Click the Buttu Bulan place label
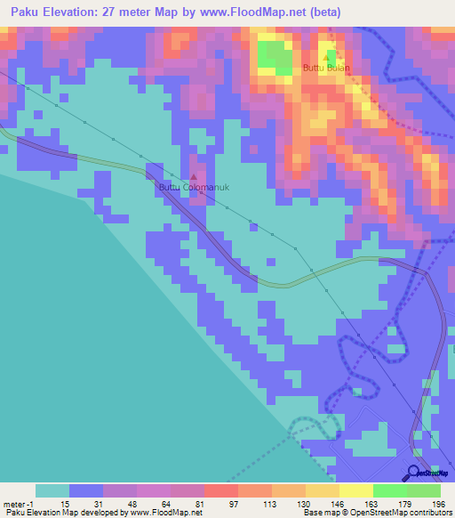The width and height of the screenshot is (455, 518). pos(326,68)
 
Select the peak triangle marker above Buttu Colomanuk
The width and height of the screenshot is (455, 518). pos(195,177)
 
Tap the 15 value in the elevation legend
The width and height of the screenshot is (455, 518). pos(66,504)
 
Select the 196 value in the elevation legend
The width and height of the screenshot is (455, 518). pos(427,504)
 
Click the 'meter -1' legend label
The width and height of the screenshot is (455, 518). pos(17,504)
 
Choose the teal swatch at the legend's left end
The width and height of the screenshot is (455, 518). pos(52,490)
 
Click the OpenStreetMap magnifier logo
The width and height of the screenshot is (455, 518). pos(414,472)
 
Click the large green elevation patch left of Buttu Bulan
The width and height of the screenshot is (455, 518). pos(275,56)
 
